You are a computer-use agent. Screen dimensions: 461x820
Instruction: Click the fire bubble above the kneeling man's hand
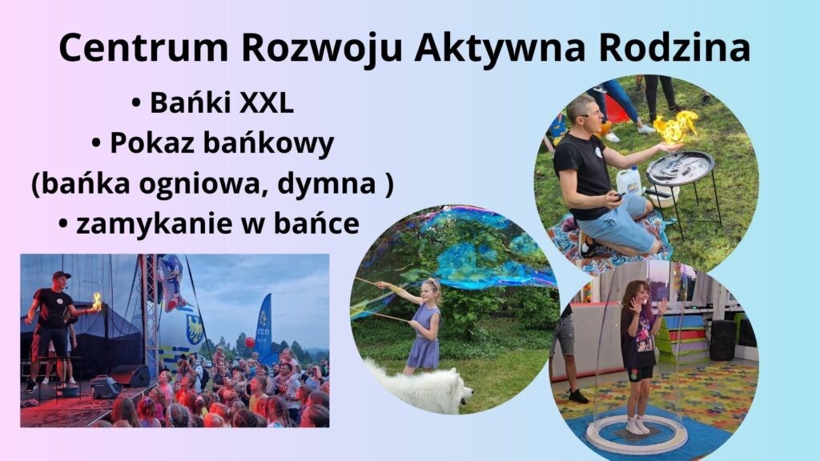tap(674, 126)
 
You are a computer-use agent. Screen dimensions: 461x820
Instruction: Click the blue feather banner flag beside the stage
tap(263, 324)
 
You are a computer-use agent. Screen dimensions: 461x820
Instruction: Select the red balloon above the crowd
tap(250, 343)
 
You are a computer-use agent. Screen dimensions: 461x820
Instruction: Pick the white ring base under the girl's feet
tap(637, 435)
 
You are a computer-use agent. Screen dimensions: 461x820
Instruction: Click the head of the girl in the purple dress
tap(432, 290)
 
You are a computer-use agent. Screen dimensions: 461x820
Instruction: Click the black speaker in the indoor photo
tap(722, 339)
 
